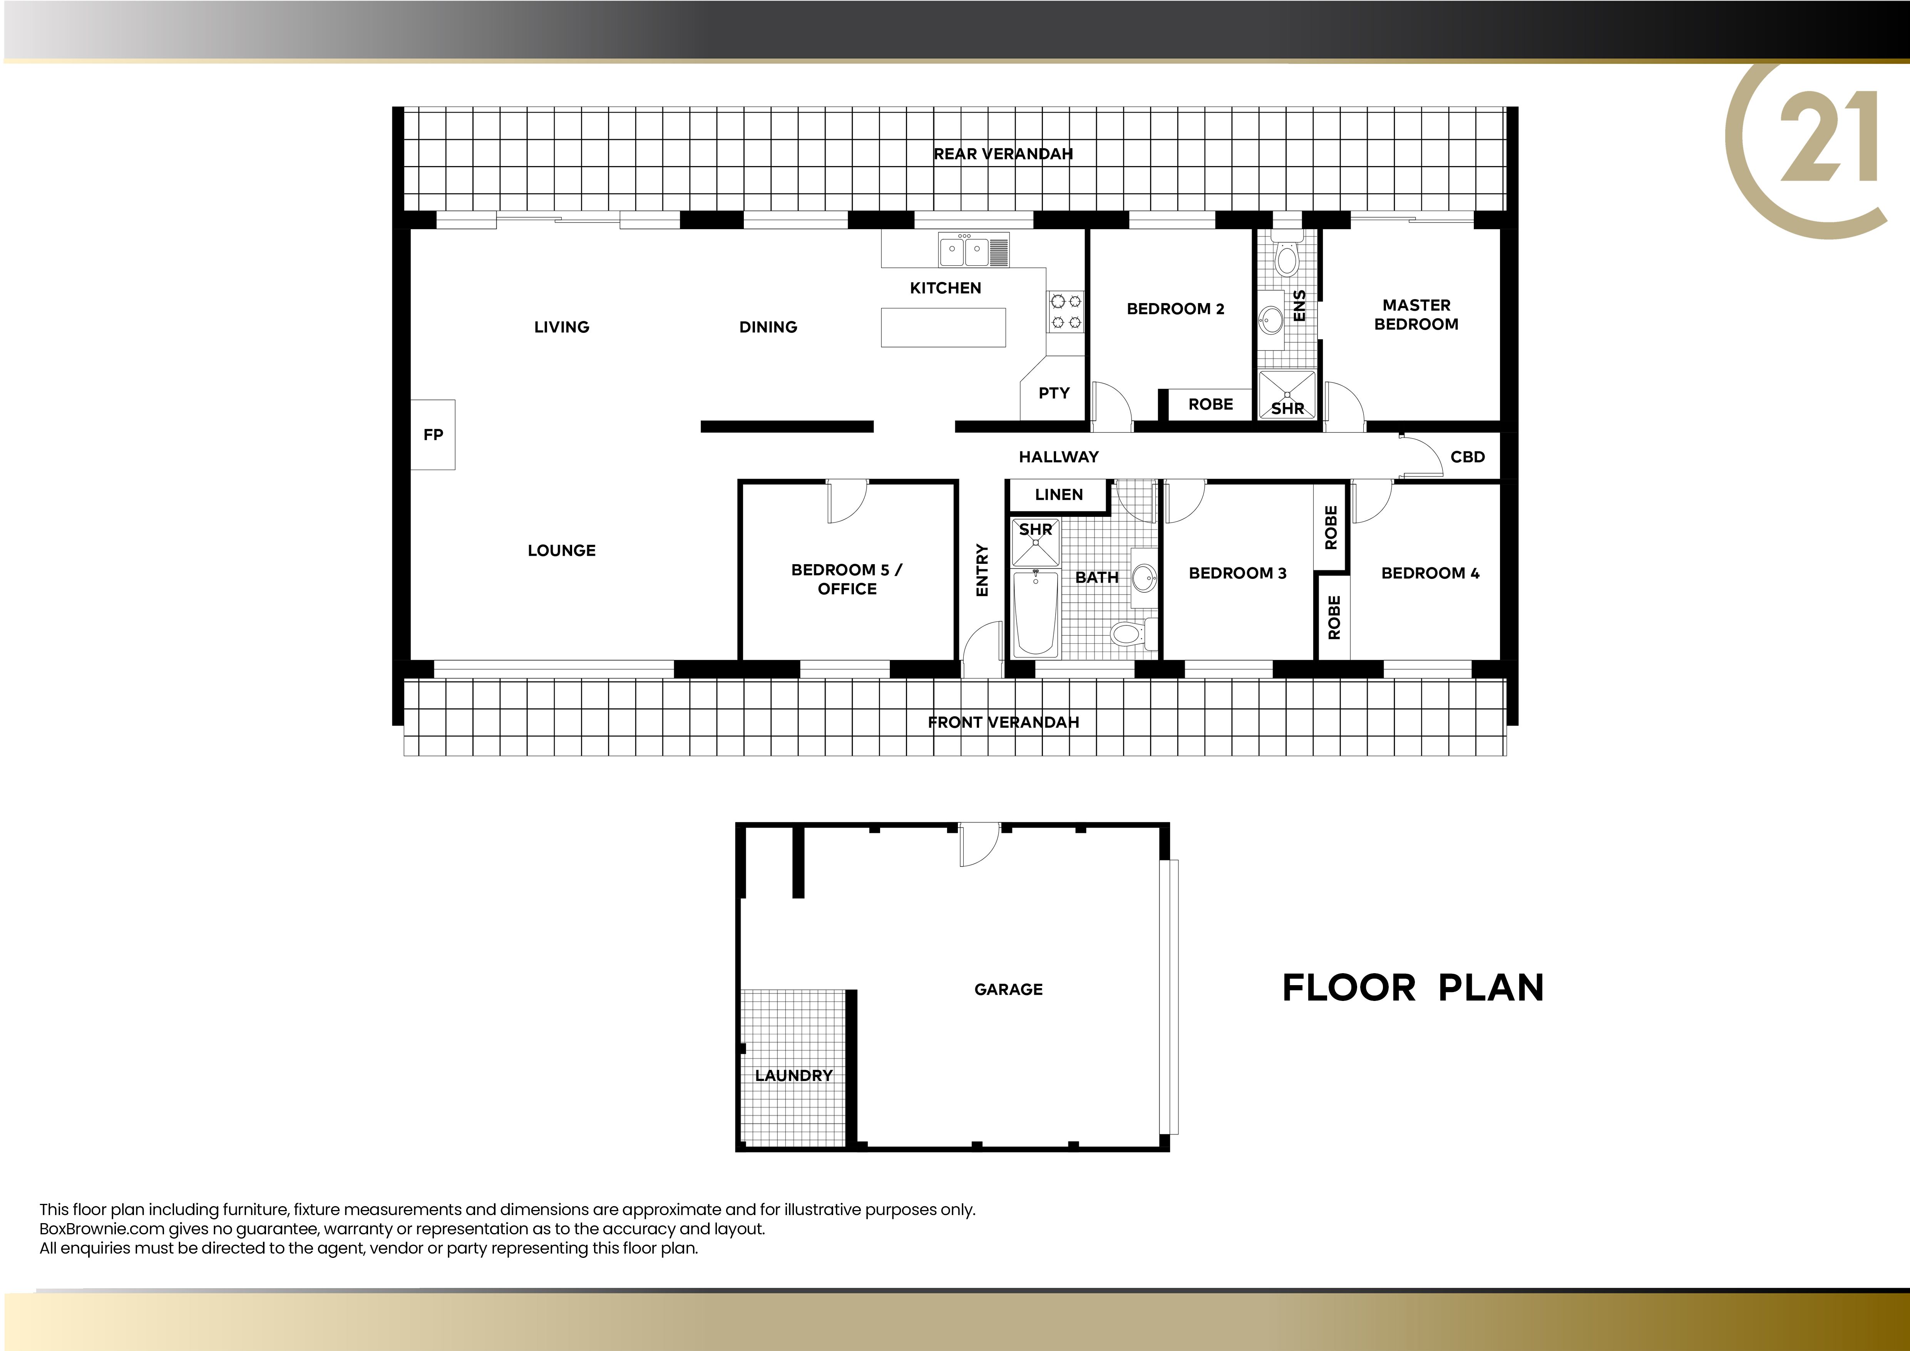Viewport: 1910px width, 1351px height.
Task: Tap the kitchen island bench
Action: coord(943,327)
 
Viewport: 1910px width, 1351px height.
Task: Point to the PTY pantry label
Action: coord(1054,393)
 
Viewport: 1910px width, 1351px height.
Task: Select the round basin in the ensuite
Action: coord(1271,318)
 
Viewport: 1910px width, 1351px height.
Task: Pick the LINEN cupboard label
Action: coord(1059,494)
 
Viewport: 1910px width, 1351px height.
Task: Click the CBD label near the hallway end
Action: coord(1468,457)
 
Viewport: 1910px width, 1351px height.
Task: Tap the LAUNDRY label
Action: coord(793,1076)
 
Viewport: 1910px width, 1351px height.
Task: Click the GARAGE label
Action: coord(1008,989)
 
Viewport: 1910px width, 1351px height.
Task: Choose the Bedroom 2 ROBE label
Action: coord(1210,404)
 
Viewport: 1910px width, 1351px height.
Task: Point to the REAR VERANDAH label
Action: coord(1003,154)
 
